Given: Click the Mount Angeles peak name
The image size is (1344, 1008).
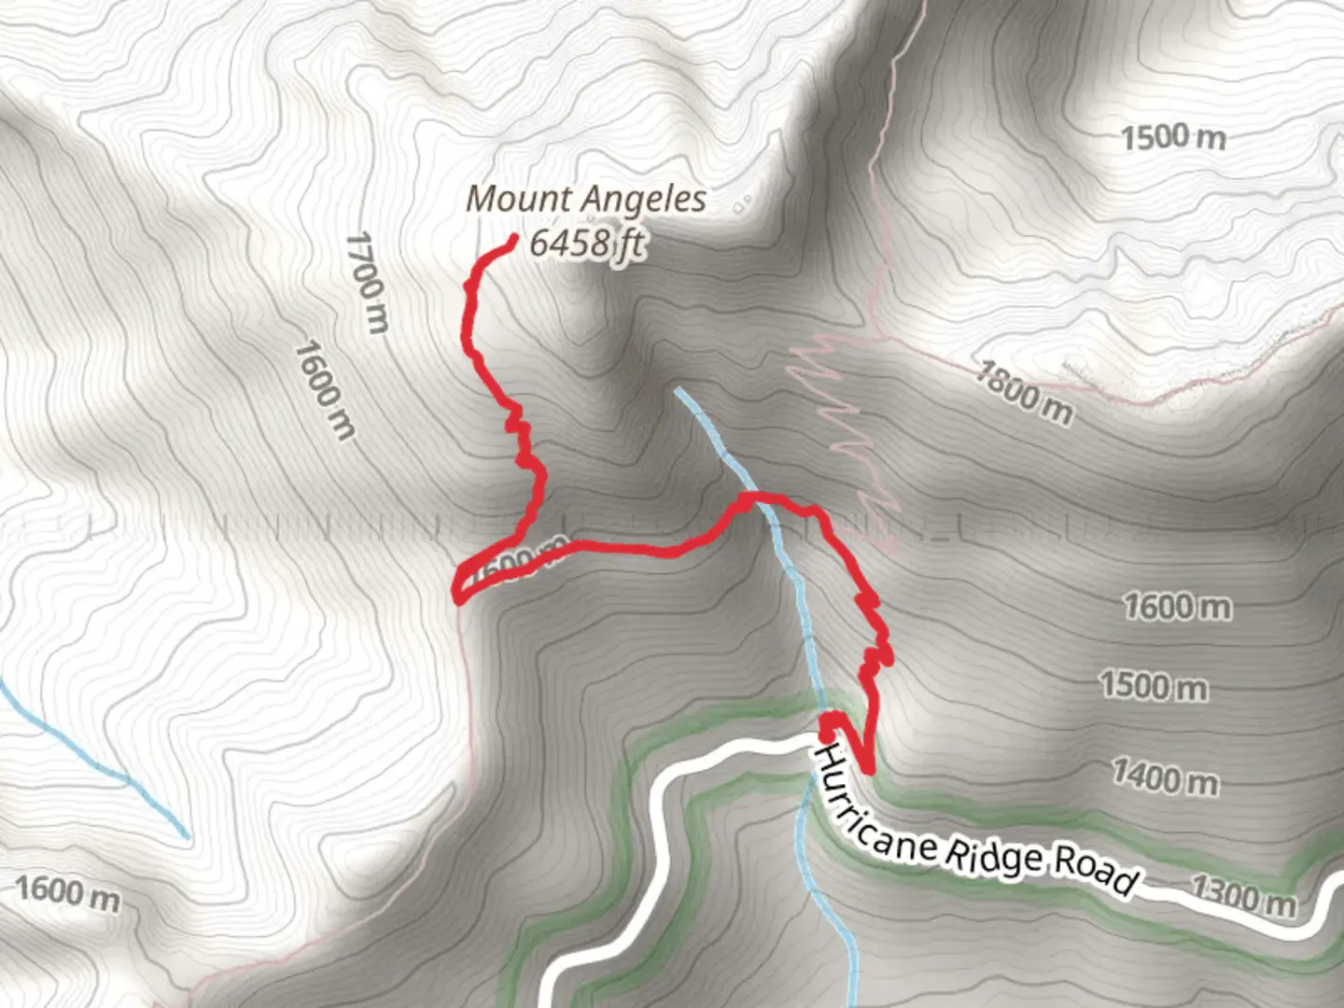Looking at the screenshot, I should pyautogui.click(x=585, y=199).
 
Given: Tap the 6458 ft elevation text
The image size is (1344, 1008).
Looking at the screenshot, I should pyautogui.click(x=587, y=244).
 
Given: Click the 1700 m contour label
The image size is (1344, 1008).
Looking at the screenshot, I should pyautogui.click(x=366, y=282).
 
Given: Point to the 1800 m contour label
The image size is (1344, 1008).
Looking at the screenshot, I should pyautogui.click(x=1024, y=392).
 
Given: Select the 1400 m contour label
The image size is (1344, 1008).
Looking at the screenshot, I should pyautogui.click(x=1165, y=777).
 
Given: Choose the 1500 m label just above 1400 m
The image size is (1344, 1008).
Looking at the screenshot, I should pyautogui.click(x=1154, y=687).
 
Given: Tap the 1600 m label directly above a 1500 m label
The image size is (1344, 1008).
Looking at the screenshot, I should pyautogui.click(x=1177, y=608).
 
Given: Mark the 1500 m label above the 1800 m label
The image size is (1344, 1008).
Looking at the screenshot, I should pyautogui.click(x=1173, y=138).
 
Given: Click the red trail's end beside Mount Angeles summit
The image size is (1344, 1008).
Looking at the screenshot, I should pyautogui.click(x=512, y=241).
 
